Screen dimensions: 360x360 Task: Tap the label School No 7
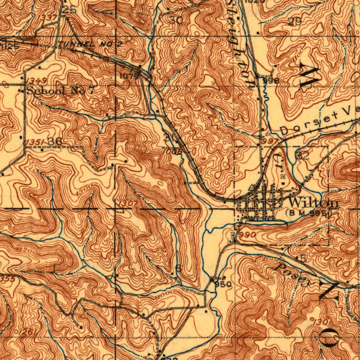tap(60, 91)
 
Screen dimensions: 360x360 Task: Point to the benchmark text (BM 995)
tap(308, 213)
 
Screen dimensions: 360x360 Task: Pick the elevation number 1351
tap(35, 141)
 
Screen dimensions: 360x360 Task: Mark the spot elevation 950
tap(223, 284)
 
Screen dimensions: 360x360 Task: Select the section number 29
tap(295, 22)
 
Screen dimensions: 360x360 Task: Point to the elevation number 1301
tap(321, 321)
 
